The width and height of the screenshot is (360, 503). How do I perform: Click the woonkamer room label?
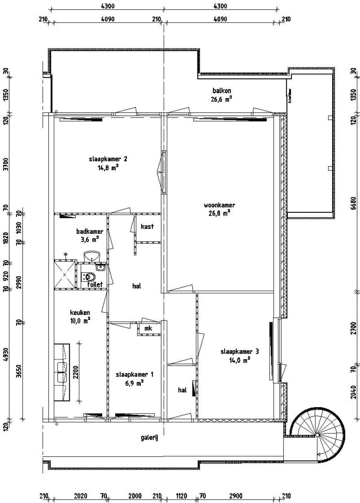[219, 205]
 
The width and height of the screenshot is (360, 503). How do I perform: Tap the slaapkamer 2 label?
[108, 159]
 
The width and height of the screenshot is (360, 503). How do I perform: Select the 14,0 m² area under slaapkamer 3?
[240, 360]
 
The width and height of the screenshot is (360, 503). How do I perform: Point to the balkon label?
[222, 91]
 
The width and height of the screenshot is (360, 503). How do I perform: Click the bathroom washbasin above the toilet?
[92, 256]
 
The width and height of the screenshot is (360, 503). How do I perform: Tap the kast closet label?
[147, 226]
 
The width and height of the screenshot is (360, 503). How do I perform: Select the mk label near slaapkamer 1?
[148, 328]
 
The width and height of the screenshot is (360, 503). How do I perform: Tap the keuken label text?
[80, 312]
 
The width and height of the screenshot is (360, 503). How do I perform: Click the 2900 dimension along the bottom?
[236, 496]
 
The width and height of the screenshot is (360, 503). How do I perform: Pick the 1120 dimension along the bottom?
[181, 496]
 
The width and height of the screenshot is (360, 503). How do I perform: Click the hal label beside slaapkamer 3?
[182, 390]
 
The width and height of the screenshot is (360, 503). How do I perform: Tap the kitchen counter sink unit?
[62, 372]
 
